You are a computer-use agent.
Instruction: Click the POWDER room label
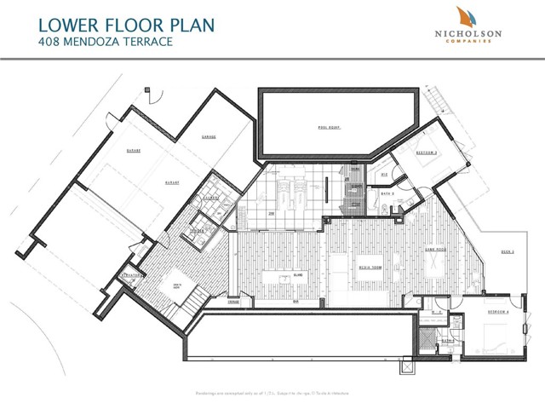[x=197, y=231]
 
